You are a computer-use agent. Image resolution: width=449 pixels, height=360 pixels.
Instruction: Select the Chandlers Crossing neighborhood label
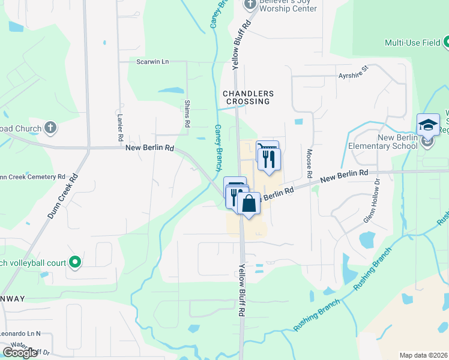pos(248,97)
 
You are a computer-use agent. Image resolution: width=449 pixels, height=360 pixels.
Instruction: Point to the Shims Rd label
pos(187,113)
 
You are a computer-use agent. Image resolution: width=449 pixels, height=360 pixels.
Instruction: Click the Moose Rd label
pos(310,163)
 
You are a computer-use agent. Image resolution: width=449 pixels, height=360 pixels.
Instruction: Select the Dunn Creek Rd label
pos(62,196)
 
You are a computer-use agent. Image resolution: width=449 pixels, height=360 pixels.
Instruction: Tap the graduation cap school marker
pos(427,124)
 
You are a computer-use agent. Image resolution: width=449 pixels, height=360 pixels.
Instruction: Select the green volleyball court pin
pos(75,262)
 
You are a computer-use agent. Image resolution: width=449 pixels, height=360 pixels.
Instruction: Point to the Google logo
pos(20,352)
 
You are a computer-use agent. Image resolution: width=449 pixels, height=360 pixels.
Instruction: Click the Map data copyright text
pos(424,355)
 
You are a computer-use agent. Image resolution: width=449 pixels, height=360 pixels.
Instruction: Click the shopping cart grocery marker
pos(267,149)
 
